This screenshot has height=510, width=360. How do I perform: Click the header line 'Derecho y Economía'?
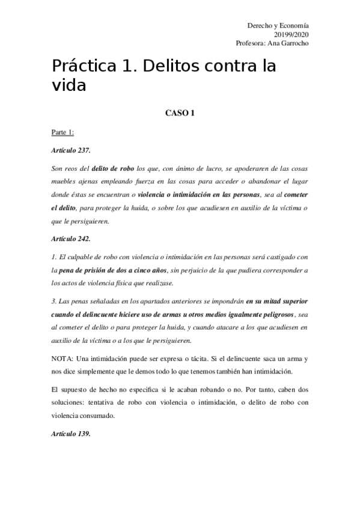[278, 26]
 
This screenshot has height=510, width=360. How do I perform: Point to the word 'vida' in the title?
[69, 85]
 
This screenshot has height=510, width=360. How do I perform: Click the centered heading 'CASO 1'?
[180, 112]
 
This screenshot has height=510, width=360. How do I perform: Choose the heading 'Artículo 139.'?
[71, 435]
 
